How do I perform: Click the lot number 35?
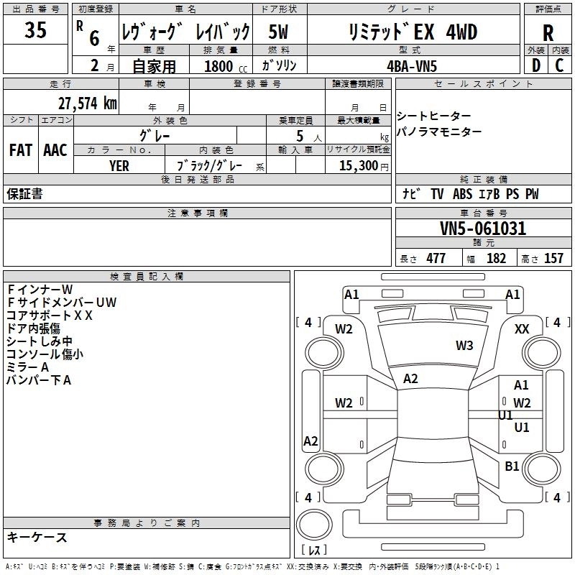click(36, 31)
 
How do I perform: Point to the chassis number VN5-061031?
click(483, 229)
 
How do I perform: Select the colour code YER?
click(119, 165)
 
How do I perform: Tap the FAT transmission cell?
click(21, 149)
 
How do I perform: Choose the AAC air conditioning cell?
click(55, 149)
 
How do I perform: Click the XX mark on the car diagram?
click(523, 328)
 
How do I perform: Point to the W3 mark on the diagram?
click(464, 346)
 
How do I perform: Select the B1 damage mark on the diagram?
click(512, 466)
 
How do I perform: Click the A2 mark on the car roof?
click(410, 379)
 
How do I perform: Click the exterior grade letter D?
click(535, 65)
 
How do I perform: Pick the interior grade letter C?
click(559, 65)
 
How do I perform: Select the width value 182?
click(496, 259)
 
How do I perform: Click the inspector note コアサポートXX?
click(50, 315)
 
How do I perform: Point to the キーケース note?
click(37, 537)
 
